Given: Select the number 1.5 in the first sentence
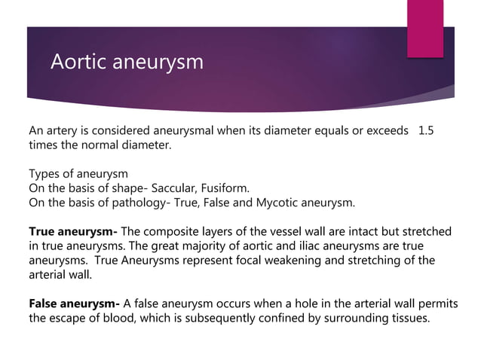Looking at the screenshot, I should click(425, 131).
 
